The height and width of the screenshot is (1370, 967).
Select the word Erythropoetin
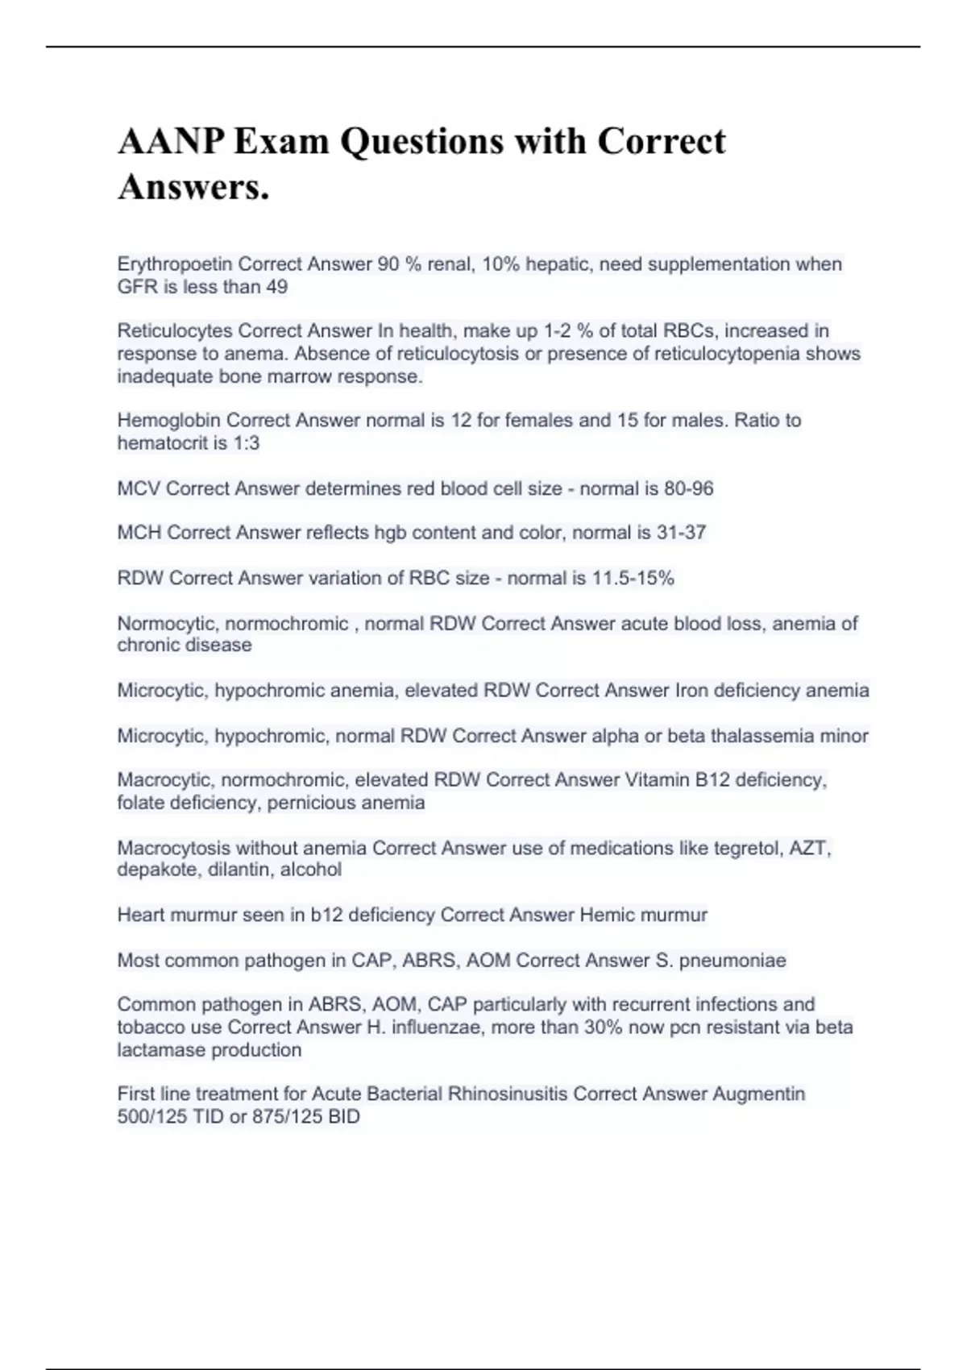175,264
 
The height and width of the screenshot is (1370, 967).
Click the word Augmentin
758,1094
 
